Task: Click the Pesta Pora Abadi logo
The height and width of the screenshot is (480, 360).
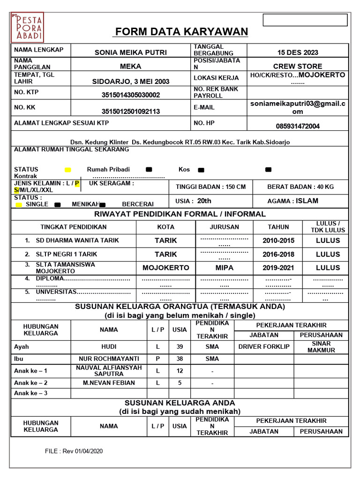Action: point(27,28)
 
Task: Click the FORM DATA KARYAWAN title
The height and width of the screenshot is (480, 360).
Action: point(181,32)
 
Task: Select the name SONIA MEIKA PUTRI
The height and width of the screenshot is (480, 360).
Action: point(130,52)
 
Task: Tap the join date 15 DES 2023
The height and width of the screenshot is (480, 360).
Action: point(297,52)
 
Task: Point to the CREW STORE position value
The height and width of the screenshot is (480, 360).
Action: point(298,66)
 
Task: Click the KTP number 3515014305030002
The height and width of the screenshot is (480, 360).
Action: point(131,95)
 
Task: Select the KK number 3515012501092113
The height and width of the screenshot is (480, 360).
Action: point(131,111)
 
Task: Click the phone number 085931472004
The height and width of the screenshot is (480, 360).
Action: point(298,126)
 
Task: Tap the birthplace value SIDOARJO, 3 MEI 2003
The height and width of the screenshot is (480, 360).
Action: point(131,81)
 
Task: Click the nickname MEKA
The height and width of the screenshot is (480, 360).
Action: point(130,66)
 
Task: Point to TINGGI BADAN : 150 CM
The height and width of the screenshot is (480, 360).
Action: point(210,187)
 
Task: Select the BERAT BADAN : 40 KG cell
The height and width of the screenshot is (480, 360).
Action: point(300,187)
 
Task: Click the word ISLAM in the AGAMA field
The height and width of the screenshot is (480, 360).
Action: point(307,201)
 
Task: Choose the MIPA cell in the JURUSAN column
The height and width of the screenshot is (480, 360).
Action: point(224,268)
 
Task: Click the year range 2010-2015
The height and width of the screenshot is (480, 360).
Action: point(278,240)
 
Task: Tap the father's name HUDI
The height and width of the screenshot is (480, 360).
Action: point(109,347)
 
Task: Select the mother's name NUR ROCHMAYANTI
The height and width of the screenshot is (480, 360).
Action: point(109,359)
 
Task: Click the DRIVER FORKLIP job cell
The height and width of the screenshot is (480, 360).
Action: point(264,347)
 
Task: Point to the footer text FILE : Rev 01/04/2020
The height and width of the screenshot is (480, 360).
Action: point(74,451)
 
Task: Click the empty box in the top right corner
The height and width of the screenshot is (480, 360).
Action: point(305,20)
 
